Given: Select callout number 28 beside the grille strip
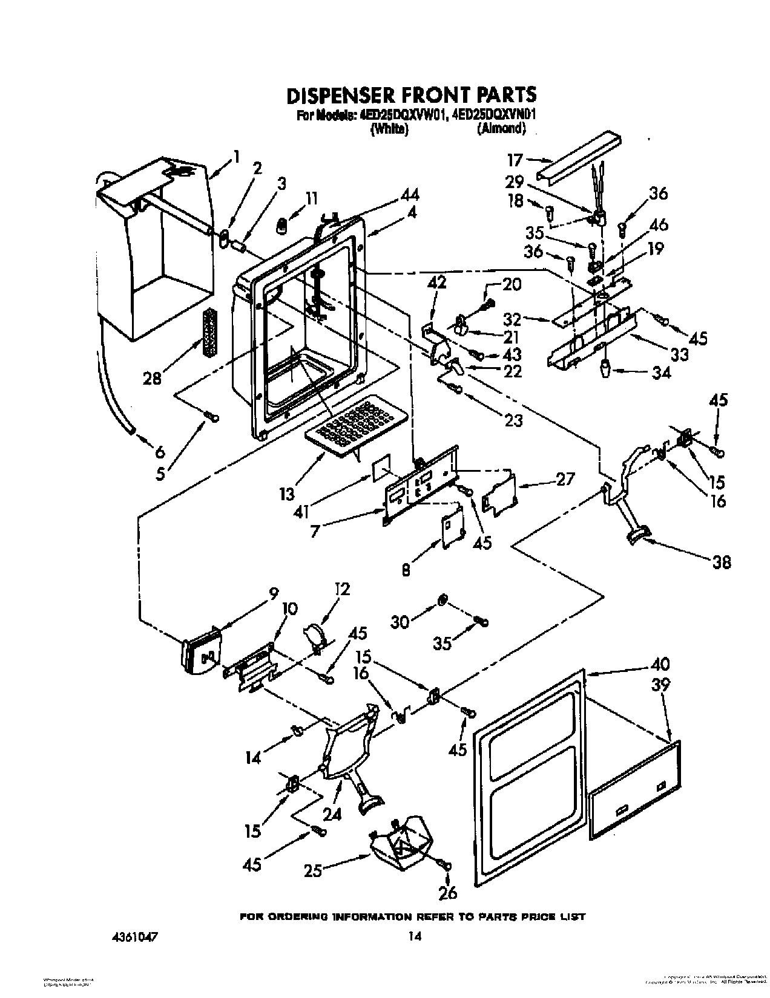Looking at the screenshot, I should pos(153,379).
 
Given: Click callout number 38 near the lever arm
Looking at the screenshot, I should pos(722,562).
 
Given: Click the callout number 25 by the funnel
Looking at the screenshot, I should pos(313,870).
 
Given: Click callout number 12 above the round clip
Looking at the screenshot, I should pos(342,589).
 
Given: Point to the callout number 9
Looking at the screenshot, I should pos(273,595).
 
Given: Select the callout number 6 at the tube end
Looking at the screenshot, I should pos(160,451).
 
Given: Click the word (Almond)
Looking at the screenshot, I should pos(501,128).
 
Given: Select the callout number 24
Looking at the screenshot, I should pos(332,815).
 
